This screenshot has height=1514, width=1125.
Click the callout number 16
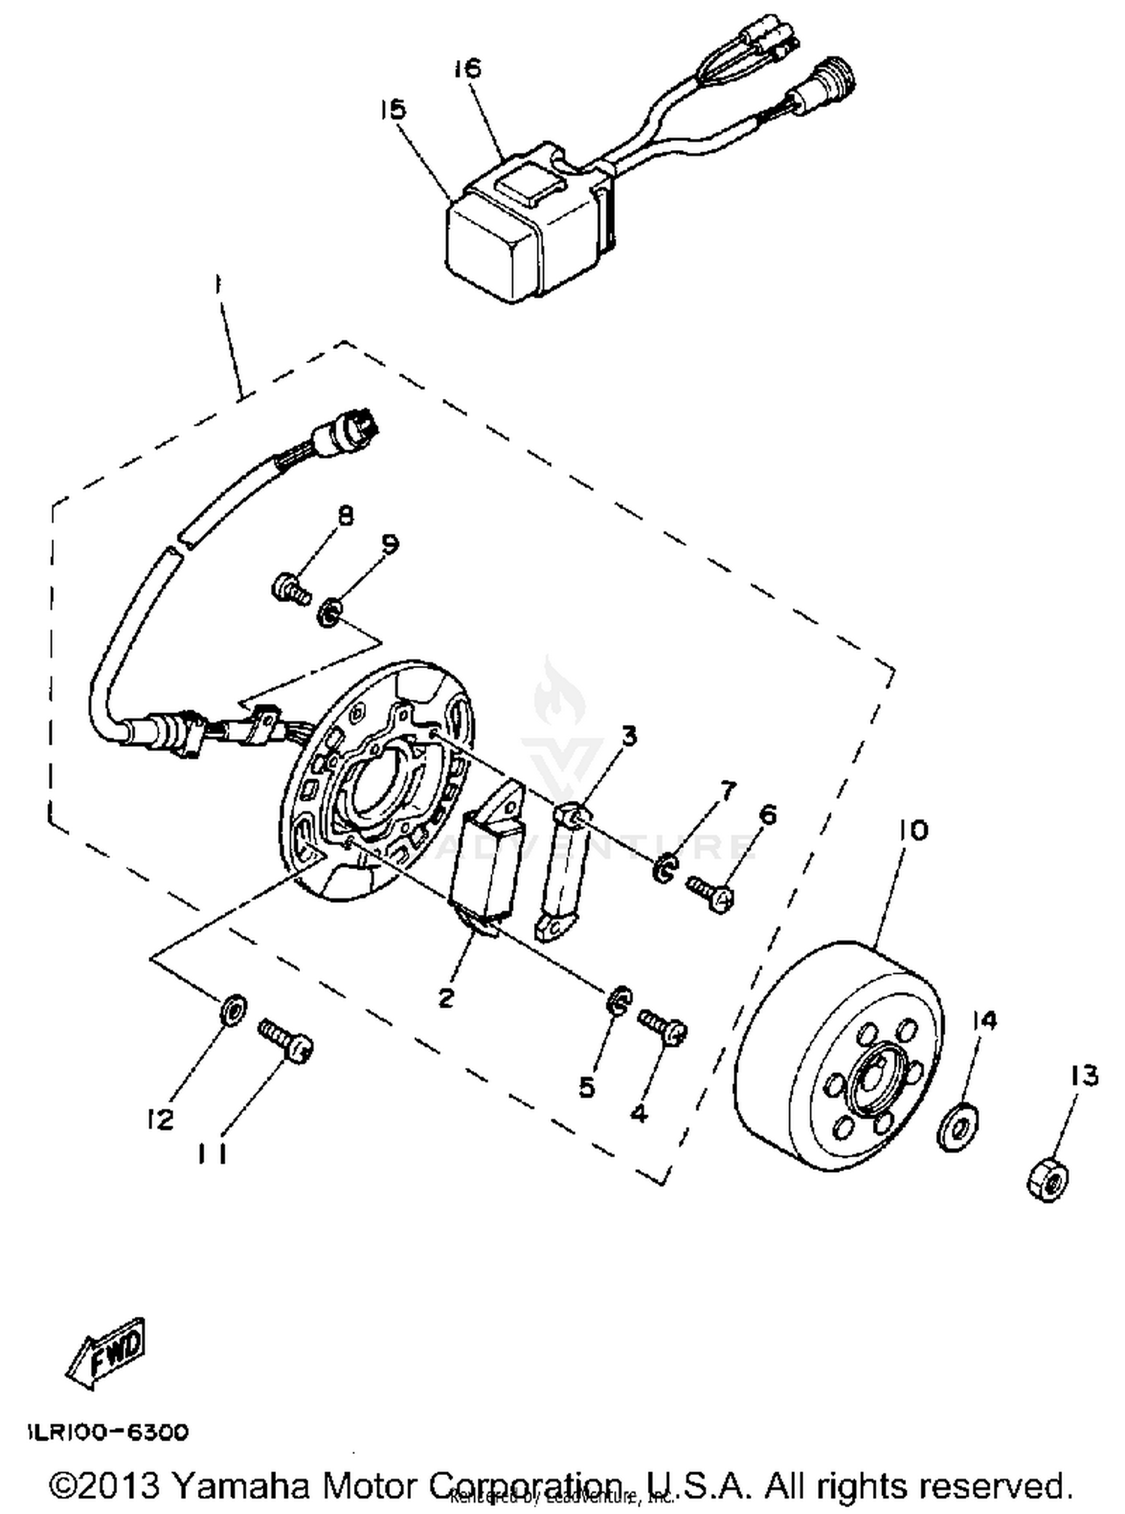pyautogui.click(x=466, y=68)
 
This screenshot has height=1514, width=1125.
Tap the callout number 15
pyautogui.click(x=392, y=109)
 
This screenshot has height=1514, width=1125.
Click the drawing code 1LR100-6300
pyautogui.click(x=109, y=1432)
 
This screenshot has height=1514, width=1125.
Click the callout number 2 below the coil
pyautogui.click(x=446, y=997)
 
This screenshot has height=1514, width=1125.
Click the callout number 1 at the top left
pyautogui.click(x=217, y=286)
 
